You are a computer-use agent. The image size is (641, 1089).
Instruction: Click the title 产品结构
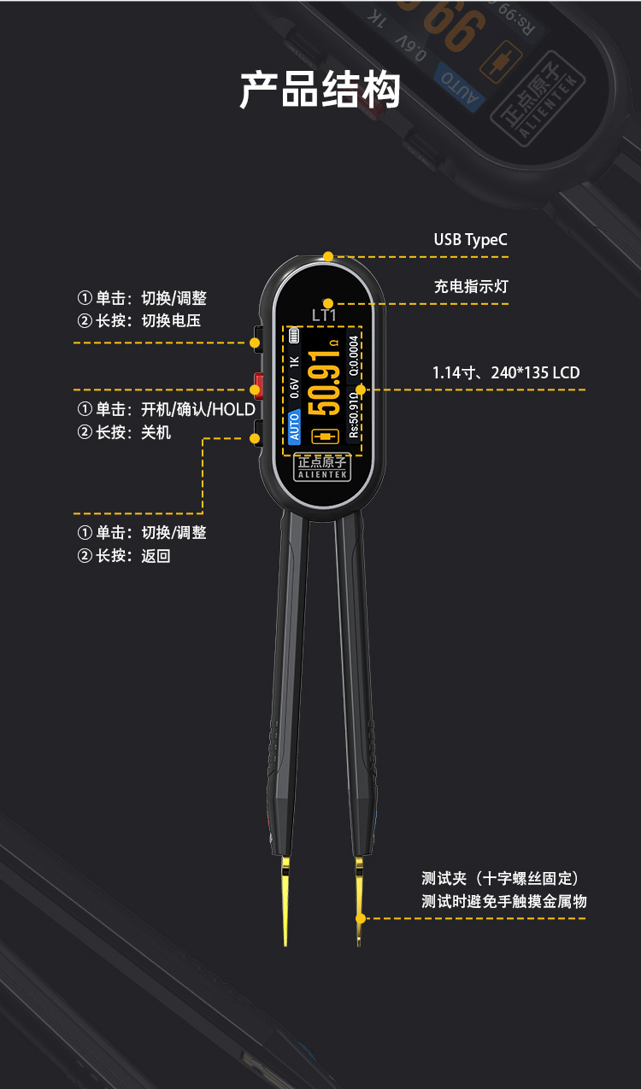[x=320, y=90]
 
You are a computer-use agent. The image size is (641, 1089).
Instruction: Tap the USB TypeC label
[x=470, y=239]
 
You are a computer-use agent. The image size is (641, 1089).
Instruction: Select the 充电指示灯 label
[x=471, y=286]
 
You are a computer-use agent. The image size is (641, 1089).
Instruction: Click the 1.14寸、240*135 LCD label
[x=506, y=372]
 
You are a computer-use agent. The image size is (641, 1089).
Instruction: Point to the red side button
[x=256, y=381]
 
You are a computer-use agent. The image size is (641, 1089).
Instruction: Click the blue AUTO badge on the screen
[x=295, y=425]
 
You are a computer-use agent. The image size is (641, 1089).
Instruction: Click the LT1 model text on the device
[x=325, y=315]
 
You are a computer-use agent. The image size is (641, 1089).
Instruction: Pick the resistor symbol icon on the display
[x=326, y=436]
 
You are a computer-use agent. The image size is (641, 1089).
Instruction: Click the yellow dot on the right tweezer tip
[x=361, y=919]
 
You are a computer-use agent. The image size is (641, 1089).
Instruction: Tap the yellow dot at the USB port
[x=328, y=255]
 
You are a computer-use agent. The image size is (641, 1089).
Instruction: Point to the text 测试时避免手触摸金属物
[x=503, y=901]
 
